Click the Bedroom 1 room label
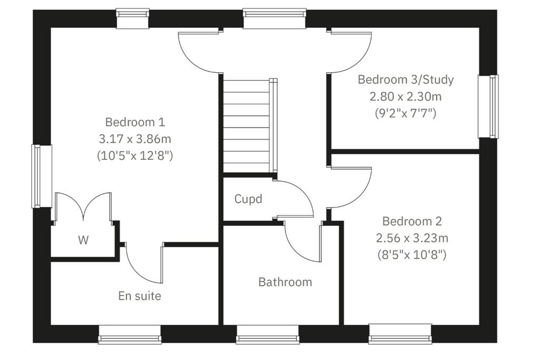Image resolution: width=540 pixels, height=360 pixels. click(x=135, y=122)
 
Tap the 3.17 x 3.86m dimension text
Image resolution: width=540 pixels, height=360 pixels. click(x=135, y=139)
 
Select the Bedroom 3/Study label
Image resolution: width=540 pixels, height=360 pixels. click(x=406, y=80)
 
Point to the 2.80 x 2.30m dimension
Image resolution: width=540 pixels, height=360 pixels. click(x=406, y=96)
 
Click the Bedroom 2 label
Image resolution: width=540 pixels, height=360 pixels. click(x=412, y=221)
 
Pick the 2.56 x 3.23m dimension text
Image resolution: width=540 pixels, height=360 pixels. click(x=412, y=238)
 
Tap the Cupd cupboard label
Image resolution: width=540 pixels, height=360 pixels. click(x=248, y=199)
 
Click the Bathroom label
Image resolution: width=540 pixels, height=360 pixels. click(x=285, y=282)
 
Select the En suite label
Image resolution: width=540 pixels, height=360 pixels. click(x=139, y=296)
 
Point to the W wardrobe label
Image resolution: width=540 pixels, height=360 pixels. click(x=83, y=240)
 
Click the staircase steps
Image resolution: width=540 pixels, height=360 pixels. click(x=247, y=126)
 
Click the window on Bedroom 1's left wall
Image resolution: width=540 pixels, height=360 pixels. click(x=42, y=176)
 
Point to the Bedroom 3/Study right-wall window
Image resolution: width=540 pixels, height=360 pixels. click(x=488, y=106)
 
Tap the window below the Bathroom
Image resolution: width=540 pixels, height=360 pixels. click(x=267, y=334)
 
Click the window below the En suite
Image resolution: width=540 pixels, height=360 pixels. click(x=130, y=334)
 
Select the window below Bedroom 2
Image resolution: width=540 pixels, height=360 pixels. click(x=400, y=334)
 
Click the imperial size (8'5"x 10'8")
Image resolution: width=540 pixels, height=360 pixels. click(x=412, y=255)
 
